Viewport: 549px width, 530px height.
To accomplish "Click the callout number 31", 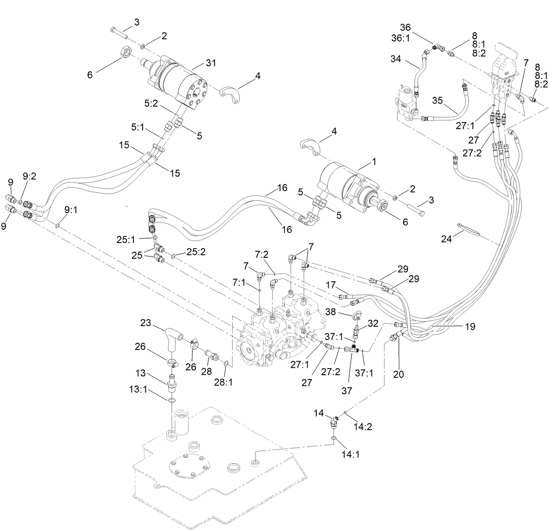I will click(x=211, y=64).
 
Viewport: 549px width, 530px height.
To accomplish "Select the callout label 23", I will click(x=145, y=323).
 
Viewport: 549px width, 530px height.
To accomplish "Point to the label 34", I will click(x=396, y=58).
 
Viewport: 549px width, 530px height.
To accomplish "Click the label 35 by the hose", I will click(x=438, y=101).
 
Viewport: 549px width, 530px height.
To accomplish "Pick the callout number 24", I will click(x=446, y=239).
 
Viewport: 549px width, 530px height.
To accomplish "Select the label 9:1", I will click(x=71, y=210).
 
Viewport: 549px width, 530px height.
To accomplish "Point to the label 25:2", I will click(x=195, y=252).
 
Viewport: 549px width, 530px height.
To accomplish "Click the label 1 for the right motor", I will click(x=374, y=161).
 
